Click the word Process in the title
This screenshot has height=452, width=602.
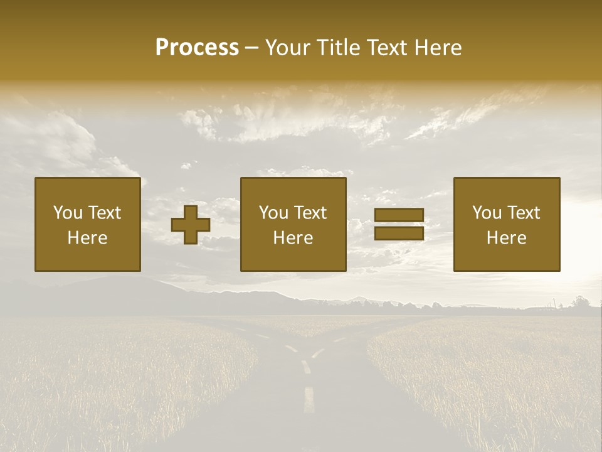(197, 48)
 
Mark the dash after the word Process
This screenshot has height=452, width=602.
(252, 48)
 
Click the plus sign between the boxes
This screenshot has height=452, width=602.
(191, 225)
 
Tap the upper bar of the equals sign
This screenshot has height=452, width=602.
(399, 215)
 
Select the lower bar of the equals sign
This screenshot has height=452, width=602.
(399, 234)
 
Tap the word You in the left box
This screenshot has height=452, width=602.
(67, 213)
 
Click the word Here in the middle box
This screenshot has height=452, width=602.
(293, 238)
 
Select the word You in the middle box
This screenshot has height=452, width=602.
(273, 213)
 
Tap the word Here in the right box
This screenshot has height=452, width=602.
(507, 238)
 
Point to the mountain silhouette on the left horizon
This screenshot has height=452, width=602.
(125, 289)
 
